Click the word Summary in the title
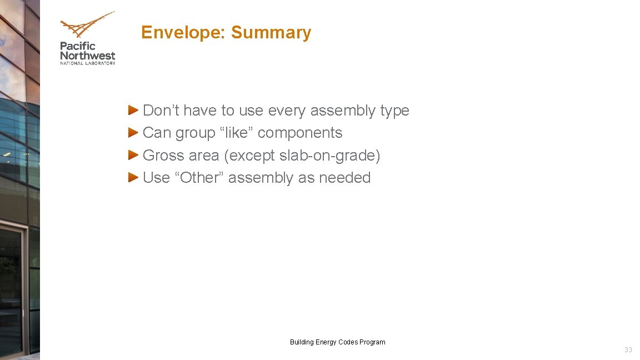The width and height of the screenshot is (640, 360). point(271,33)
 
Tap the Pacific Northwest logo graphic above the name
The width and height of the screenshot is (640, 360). point(87,26)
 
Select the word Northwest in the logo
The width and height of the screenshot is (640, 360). point(88,56)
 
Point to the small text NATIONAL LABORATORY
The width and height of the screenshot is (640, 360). point(88,63)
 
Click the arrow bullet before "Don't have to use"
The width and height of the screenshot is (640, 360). point(133,110)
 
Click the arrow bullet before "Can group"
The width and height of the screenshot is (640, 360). point(133,132)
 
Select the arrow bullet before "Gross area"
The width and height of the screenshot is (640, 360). point(133,155)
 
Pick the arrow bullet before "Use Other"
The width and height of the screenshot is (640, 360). point(133,177)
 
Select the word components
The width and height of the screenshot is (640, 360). point(300,133)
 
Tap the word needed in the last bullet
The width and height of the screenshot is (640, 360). point(344,178)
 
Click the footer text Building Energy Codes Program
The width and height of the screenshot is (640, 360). point(337,342)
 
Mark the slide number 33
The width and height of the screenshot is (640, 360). point(628,350)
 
